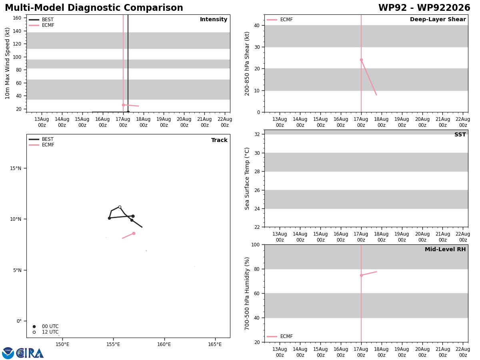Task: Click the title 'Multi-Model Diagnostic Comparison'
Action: tap(94, 8)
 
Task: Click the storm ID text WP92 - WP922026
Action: tap(424, 8)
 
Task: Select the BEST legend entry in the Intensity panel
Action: tap(41, 20)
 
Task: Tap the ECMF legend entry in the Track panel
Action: tap(42, 145)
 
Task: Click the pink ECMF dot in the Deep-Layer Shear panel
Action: tap(361, 60)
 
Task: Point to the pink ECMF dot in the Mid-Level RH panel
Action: tap(361, 276)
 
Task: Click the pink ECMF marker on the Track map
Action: tap(134, 234)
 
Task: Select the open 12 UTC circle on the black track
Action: tap(120, 207)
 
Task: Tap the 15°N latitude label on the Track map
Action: tap(16, 168)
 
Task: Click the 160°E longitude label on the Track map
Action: tap(164, 344)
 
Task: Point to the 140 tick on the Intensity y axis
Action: tap(17, 31)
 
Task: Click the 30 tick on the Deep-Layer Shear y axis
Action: tap(257, 47)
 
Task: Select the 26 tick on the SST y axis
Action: tap(257, 190)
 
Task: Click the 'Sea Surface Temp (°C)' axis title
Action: tap(247, 178)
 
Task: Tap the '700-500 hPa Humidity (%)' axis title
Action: tap(247, 294)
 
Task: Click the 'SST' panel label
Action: tap(460, 134)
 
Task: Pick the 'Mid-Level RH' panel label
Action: tap(445, 249)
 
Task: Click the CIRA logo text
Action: tap(30, 353)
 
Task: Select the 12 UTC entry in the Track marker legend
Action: tap(46, 332)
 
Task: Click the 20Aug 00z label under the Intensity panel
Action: tap(184, 122)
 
